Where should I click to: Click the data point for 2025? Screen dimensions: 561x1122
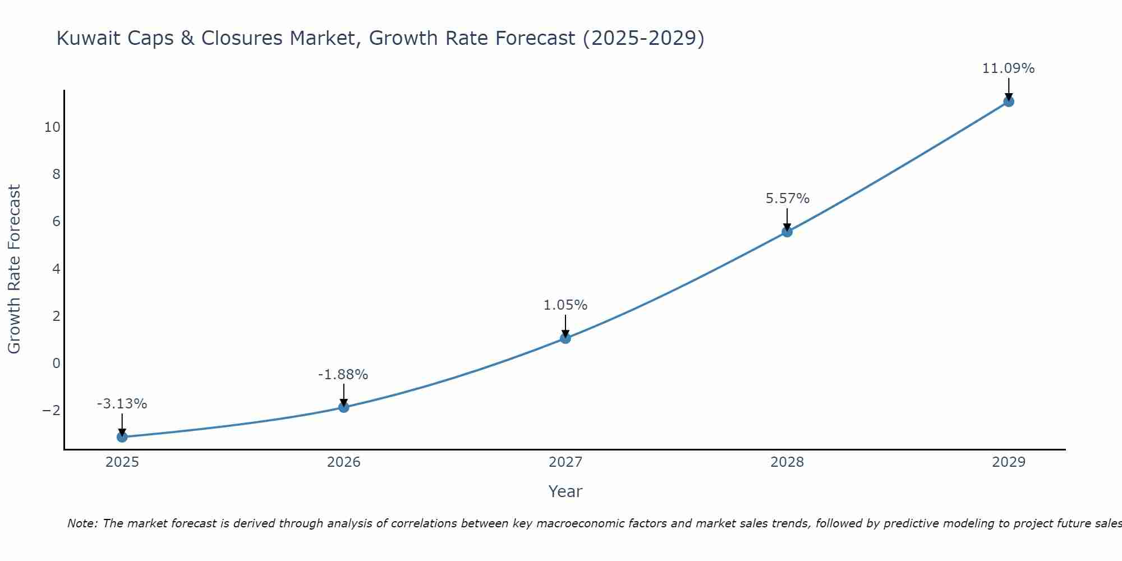pyautogui.click(x=122, y=437)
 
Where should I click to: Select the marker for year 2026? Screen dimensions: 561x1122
pyautogui.click(x=344, y=407)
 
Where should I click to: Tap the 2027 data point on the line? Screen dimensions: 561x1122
pyautogui.click(x=565, y=338)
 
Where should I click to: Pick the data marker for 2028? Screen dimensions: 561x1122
pyautogui.click(x=787, y=232)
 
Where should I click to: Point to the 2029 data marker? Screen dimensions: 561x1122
pyautogui.click(x=1009, y=102)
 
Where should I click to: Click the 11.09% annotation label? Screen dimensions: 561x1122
pyautogui.click(x=1008, y=68)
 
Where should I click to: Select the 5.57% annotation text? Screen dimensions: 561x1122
pyautogui.click(x=787, y=199)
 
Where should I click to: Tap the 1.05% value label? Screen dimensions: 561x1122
pyautogui.click(x=565, y=305)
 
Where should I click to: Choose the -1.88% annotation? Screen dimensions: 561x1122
pyautogui.click(x=343, y=375)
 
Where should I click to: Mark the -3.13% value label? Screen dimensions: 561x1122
pyautogui.click(x=122, y=404)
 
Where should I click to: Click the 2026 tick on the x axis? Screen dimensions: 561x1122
pyautogui.click(x=344, y=462)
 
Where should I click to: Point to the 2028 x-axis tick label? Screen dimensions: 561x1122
pyautogui.click(x=787, y=462)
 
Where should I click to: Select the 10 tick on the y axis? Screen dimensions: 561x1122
pyautogui.click(x=52, y=127)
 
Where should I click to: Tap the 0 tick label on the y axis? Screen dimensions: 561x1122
pyautogui.click(x=56, y=364)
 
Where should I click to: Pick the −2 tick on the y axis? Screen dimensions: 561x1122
pyautogui.click(x=51, y=411)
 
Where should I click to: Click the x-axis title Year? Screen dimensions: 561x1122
pyautogui.click(x=565, y=491)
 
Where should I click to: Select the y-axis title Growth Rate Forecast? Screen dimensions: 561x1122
pyautogui.click(x=14, y=269)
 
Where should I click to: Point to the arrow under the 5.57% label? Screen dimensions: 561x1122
pyautogui.click(x=787, y=219)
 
